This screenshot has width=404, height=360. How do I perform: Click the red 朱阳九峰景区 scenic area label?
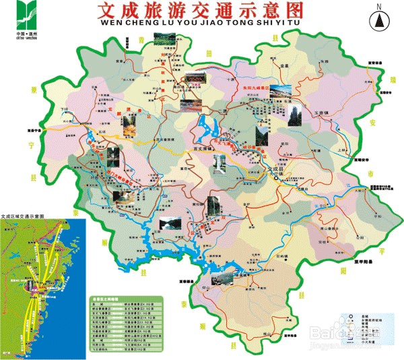click(255, 88)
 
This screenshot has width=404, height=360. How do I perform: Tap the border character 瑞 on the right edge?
click(393, 79)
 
